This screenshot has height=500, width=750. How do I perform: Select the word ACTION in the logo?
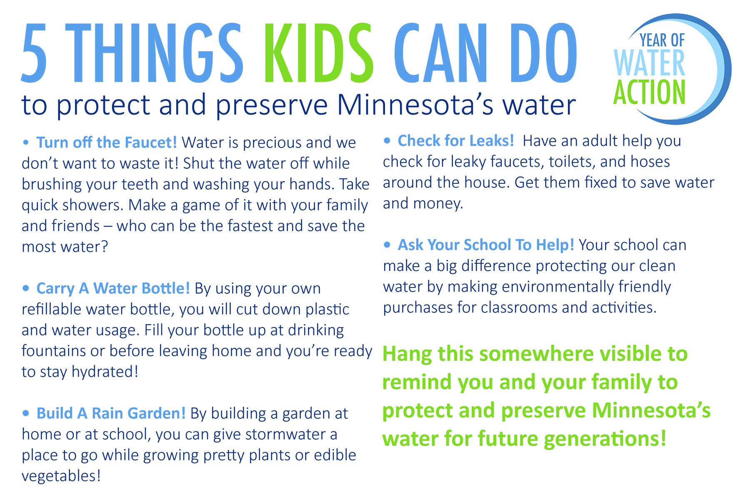649,92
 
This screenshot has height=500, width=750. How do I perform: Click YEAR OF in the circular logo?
662,40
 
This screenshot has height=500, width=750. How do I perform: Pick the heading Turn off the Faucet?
107,142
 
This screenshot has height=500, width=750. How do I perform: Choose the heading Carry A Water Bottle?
113,288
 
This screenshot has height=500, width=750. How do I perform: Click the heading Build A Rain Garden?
111,413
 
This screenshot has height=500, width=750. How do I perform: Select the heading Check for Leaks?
456,141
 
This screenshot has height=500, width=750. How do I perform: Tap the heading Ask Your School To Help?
486,245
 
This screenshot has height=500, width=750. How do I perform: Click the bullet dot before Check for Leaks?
387,141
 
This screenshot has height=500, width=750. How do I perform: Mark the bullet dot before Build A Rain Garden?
26,413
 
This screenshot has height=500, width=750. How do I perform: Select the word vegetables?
61,476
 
